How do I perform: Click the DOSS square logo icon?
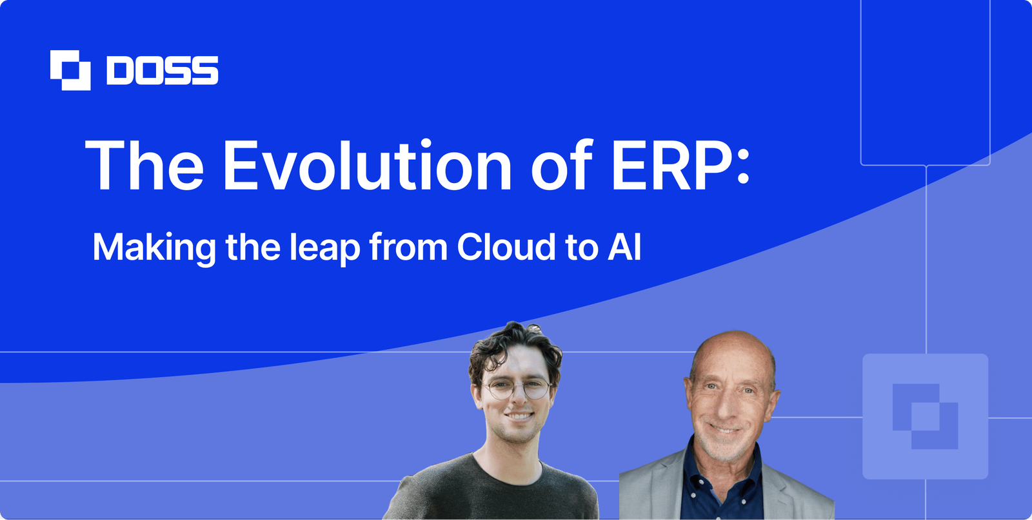click(x=70, y=70)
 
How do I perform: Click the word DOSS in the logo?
click(x=163, y=70)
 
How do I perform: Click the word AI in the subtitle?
click(x=624, y=247)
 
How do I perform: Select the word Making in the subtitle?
click(x=154, y=248)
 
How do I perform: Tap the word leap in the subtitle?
click(x=324, y=248)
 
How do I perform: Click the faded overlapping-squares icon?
click(x=925, y=416)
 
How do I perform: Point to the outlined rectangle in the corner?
click(x=925, y=84)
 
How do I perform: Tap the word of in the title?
click(x=561, y=166)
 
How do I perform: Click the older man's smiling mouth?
click(x=724, y=429)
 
